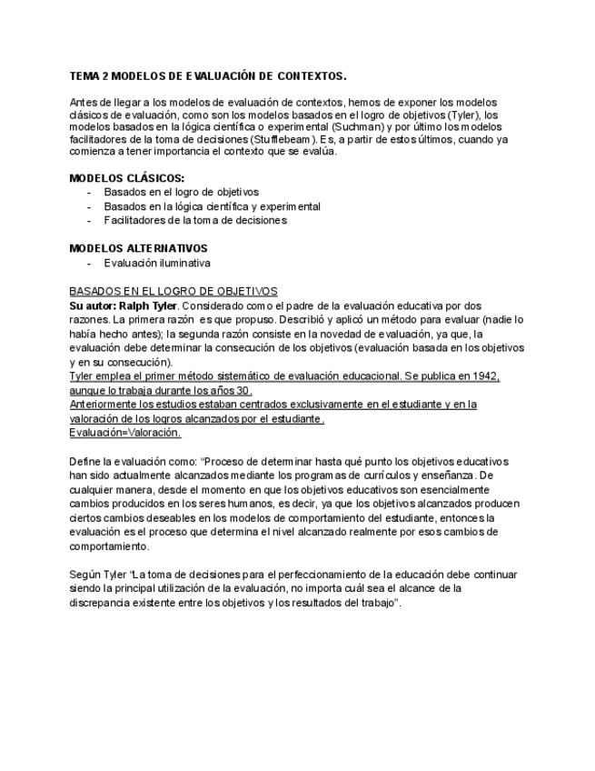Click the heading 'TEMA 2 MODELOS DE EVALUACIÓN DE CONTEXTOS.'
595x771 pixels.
click(x=207, y=76)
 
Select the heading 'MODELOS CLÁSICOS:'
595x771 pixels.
click(x=126, y=177)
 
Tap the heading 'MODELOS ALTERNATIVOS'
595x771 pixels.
click(x=138, y=248)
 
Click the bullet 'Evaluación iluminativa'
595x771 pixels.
click(x=157, y=263)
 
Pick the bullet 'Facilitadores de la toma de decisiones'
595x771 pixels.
click(x=195, y=220)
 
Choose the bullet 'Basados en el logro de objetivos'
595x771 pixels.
click(x=181, y=192)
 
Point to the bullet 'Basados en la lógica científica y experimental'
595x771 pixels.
click(x=212, y=206)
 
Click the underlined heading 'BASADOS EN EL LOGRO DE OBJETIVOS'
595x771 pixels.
click(x=174, y=291)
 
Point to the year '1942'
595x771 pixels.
click(x=487, y=375)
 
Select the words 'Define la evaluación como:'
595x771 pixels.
click(x=133, y=462)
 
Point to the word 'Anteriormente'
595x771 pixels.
click(x=106, y=405)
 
